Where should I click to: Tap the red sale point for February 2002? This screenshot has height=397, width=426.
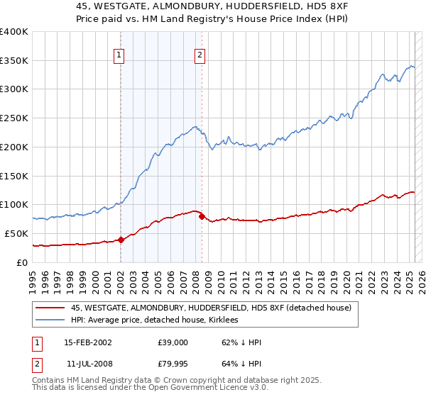click(x=121, y=240)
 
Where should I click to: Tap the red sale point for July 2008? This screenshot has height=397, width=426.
click(x=202, y=216)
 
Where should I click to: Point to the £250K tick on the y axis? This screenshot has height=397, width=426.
click(x=14, y=118)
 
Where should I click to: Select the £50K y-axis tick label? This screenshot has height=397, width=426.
click(x=17, y=233)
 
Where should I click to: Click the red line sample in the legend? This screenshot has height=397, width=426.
click(x=50, y=308)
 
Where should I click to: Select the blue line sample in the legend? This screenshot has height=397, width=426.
click(x=50, y=320)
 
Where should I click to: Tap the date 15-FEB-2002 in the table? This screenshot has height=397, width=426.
click(x=87, y=342)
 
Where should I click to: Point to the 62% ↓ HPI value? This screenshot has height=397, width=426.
click(x=242, y=342)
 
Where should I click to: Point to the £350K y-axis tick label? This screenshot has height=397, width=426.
click(x=14, y=60)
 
